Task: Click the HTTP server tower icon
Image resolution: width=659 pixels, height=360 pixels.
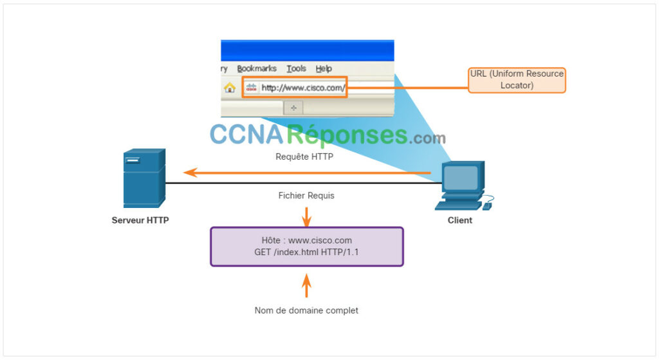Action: click(x=144, y=178)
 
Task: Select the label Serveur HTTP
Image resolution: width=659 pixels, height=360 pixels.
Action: click(x=140, y=220)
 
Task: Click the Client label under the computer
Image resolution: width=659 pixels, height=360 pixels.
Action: click(x=459, y=220)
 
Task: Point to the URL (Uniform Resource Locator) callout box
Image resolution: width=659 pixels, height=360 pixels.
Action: click(x=517, y=80)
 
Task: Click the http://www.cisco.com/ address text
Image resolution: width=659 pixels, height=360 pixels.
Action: click(x=303, y=88)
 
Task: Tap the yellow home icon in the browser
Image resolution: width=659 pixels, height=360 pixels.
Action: click(x=230, y=88)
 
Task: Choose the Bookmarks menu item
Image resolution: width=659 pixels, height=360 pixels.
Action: click(x=257, y=68)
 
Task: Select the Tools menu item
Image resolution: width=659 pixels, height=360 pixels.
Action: click(x=296, y=68)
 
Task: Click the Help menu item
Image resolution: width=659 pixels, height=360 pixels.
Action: click(x=324, y=68)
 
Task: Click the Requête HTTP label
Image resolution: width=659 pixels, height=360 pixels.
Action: click(x=304, y=156)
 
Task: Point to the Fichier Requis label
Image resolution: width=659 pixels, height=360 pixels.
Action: click(x=306, y=196)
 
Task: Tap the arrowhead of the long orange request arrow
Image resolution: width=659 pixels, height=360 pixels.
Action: click(x=190, y=173)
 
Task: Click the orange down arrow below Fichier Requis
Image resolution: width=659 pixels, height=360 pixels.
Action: click(x=307, y=216)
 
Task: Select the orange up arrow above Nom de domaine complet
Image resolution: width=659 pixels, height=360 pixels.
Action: click(x=307, y=285)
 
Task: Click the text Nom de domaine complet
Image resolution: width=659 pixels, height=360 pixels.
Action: click(x=306, y=310)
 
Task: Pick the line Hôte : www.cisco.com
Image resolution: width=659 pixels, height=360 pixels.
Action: click(x=307, y=240)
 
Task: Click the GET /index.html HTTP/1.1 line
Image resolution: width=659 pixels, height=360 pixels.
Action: click(x=306, y=252)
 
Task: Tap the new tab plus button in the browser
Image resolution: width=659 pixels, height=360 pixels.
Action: click(x=293, y=108)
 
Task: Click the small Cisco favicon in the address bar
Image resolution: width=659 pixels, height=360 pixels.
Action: click(x=252, y=88)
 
